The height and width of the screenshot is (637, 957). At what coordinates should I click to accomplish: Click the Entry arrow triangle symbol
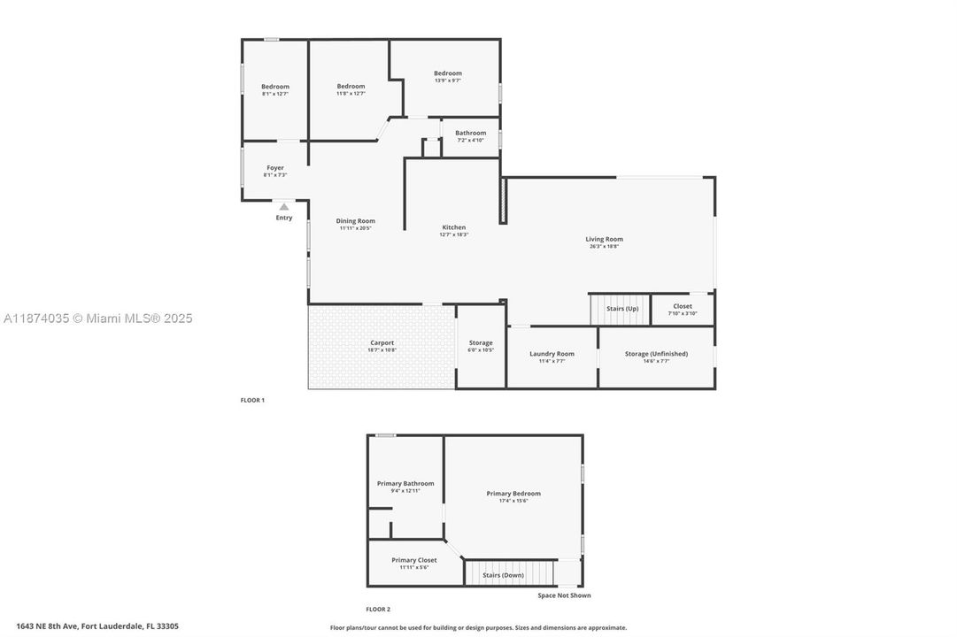coord(284,207)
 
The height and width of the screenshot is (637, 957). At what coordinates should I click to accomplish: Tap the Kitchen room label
coord(453,227)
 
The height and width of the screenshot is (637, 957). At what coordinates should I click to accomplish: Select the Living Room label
coord(604,239)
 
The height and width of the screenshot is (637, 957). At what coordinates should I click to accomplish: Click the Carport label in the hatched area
coord(382,342)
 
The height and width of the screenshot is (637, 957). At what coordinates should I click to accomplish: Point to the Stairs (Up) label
coord(621,309)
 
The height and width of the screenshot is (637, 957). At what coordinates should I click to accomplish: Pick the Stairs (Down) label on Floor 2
coord(503,575)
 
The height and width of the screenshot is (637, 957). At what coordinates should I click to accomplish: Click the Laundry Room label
coord(552,354)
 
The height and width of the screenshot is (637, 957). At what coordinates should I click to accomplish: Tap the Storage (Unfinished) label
coord(656,354)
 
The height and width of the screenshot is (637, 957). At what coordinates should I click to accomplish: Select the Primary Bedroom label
coord(513,494)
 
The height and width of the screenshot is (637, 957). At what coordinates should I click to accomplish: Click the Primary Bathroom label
coord(405,483)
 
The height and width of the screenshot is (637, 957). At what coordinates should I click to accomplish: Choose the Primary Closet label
coord(413,560)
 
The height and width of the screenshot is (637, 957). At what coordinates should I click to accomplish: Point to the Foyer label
coord(275,167)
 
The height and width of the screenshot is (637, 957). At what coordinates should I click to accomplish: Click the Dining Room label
coord(355,221)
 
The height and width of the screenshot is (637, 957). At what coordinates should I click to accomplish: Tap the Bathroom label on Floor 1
coord(470,133)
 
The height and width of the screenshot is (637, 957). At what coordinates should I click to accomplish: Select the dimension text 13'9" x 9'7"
coord(447,81)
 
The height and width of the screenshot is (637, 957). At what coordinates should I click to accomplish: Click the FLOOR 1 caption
coord(252,400)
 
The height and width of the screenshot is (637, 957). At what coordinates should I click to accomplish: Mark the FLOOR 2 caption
coord(378,609)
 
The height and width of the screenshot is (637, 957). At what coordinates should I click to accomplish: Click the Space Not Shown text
coord(564,595)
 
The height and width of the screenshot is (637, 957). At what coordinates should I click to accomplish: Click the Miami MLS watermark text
coord(96,318)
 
